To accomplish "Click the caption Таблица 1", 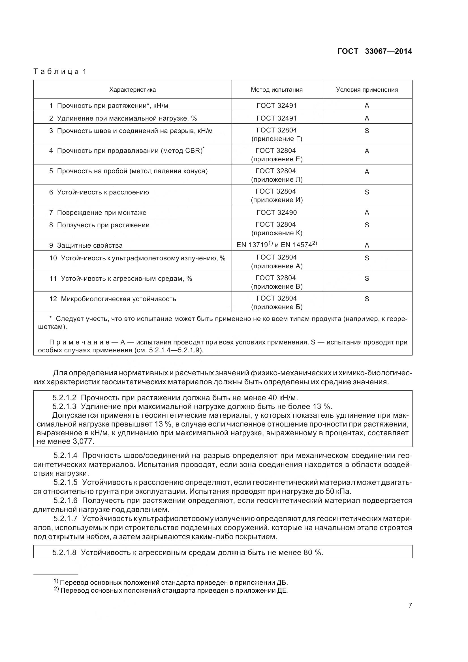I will (60, 72).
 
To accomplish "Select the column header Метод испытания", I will (277, 90).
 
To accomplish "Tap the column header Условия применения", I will (367, 90).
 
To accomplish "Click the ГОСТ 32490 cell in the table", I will (277, 213).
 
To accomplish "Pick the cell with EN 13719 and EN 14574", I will (277, 245).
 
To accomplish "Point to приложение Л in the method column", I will (277, 180).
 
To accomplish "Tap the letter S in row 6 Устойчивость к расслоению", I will (367, 192).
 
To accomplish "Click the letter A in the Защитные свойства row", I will (367, 245).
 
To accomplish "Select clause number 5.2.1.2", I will (64, 398).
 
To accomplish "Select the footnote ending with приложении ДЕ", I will (171, 590).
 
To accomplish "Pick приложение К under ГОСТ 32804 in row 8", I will (277, 233).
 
